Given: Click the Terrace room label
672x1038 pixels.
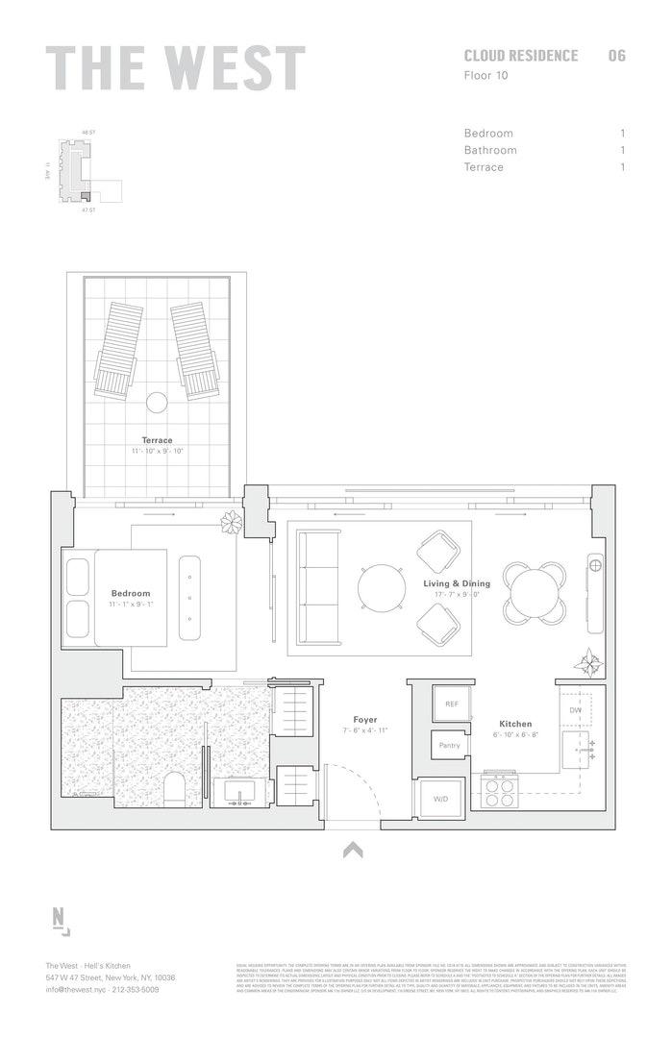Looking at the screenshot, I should pyautogui.click(x=157, y=440).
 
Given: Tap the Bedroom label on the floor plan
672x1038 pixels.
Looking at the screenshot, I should pyautogui.click(x=131, y=593).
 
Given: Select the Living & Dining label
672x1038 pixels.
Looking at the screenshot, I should pyautogui.click(x=457, y=583).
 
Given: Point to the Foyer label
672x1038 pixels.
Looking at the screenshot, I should pyautogui.click(x=364, y=720).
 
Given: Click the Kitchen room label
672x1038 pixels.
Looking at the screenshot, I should pyautogui.click(x=515, y=724).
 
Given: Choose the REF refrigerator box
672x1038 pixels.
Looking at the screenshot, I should pyautogui.click(x=452, y=704).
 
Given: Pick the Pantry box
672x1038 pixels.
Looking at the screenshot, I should pyautogui.click(x=449, y=745).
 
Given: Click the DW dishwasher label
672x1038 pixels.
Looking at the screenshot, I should pyautogui.click(x=575, y=710).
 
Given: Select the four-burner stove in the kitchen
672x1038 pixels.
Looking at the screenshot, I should pyautogui.click(x=500, y=791).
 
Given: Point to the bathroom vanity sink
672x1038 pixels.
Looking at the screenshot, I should pyautogui.click(x=236, y=792).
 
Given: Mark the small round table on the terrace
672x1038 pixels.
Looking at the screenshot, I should pyautogui.click(x=157, y=402).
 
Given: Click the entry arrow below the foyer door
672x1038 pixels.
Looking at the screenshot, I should pyautogui.click(x=353, y=849).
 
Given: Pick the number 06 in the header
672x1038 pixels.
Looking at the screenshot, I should pyautogui.click(x=616, y=56).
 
